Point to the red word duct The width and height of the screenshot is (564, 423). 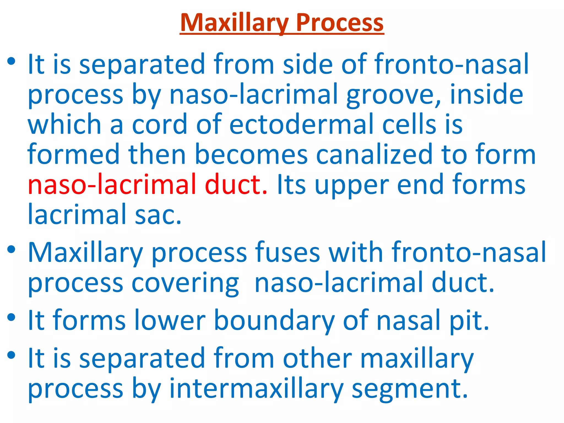click(x=236, y=185)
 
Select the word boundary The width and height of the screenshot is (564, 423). click(x=274, y=320)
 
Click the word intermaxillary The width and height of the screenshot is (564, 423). click(x=256, y=389)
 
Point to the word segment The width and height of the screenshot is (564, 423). click(x=410, y=389)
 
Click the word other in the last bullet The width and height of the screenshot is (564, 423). click(x=317, y=359)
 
